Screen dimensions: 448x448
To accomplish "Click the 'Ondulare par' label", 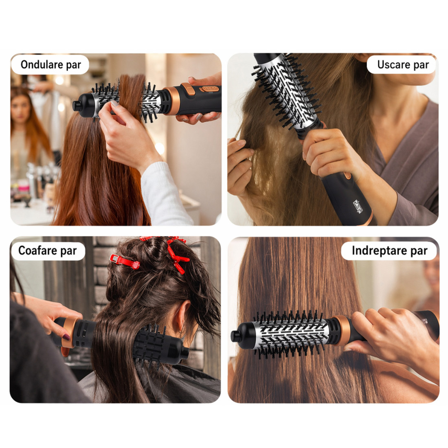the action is tap(51, 65).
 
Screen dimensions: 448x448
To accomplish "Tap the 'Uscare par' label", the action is tap(403, 65).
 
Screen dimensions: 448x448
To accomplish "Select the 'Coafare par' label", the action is tap(47, 250).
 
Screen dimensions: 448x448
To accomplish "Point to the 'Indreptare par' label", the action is tap(389, 250).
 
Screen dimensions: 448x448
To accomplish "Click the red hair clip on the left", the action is tap(125, 261).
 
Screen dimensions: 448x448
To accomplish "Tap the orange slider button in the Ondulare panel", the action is tap(188, 89).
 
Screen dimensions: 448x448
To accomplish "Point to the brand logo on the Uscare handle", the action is tap(358, 206).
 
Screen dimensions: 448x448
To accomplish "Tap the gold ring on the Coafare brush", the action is tap(68, 332).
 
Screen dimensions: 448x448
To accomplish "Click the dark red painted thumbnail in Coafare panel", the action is tap(66, 338).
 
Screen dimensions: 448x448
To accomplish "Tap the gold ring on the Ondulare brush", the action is tap(173, 101).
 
